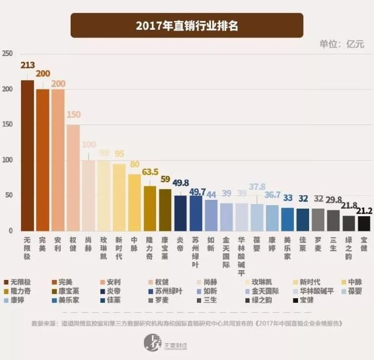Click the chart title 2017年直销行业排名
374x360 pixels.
coord(187,26)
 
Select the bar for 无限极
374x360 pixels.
coord(27,155)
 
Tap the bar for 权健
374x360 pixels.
coord(73,178)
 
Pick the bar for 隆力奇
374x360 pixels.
coord(150,208)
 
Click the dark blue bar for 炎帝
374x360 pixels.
coord(181,213)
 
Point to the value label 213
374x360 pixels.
coord(27,65)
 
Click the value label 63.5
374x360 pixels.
coord(150,172)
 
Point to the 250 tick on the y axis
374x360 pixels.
coord(7,54)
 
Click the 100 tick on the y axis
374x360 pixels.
coord(7,160)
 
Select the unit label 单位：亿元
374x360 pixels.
coord(341,44)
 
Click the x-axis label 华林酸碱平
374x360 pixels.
coord(241,250)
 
